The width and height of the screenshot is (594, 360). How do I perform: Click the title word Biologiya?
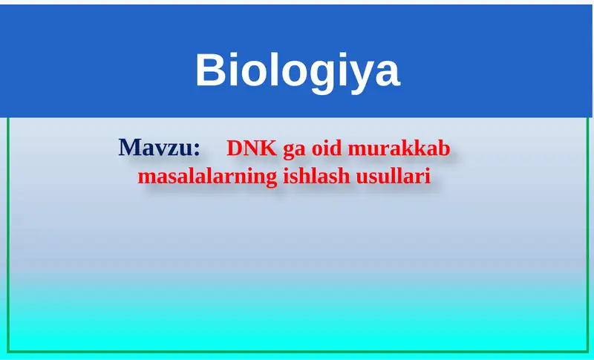[297, 71]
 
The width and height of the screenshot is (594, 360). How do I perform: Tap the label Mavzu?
[160, 148]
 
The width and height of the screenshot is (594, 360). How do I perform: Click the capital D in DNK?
[234, 148]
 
